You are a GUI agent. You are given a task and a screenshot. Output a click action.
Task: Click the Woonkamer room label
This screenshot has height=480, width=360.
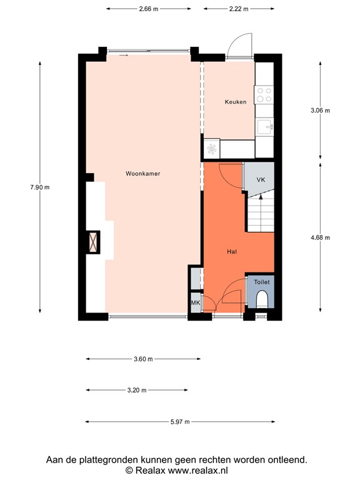[x=142, y=174]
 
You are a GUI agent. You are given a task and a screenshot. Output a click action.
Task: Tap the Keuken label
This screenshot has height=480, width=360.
[x=236, y=102]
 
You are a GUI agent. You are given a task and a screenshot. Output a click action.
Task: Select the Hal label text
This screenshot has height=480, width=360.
[x=231, y=251]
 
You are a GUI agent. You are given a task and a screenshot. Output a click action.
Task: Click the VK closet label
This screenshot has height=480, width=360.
[x=261, y=179]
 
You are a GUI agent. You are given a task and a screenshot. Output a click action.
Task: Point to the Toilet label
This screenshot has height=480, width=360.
[x=261, y=282]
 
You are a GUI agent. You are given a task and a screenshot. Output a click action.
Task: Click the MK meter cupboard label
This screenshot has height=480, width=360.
[x=195, y=303]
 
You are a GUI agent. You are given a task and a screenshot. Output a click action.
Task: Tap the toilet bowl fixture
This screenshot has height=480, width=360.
[x=262, y=301]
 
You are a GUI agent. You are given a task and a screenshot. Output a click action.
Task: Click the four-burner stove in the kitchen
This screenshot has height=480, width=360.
[x=264, y=95]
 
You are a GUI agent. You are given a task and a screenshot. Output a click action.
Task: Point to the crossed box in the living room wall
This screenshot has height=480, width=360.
[x=94, y=242]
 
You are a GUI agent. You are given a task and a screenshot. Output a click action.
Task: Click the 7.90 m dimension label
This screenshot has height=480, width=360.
[x=40, y=187]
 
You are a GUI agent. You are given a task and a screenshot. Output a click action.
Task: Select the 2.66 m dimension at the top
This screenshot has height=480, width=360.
[x=148, y=9]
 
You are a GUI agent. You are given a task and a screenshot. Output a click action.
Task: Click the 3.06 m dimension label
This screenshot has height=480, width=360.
[x=320, y=110]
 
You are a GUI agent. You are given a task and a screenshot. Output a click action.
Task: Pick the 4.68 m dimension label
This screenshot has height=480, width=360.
[x=320, y=237]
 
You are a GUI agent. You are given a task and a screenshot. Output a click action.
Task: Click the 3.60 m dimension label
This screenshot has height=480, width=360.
[x=143, y=359]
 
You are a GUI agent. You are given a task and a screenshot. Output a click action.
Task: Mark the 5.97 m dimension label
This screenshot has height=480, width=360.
[x=180, y=422]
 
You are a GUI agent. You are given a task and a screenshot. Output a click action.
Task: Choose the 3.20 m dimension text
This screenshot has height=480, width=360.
[x=136, y=390]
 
